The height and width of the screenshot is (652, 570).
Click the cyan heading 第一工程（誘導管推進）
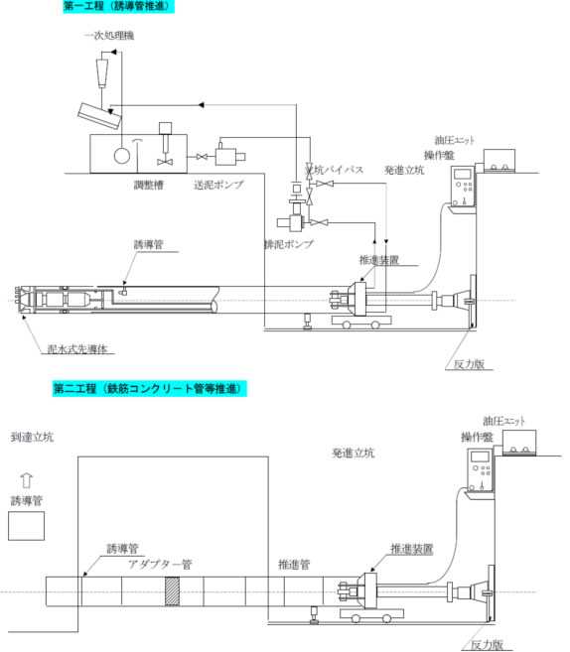pyautogui.click(x=118, y=6)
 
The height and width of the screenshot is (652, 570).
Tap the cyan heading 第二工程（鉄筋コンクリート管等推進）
pyautogui.click(x=149, y=388)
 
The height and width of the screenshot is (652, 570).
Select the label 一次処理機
pyautogui.click(x=109, y=36)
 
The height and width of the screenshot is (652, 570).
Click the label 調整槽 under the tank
pyautogui.click(x=149, y=185)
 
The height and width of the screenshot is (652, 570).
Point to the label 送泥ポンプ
pyautogui.click(x=218, y=185)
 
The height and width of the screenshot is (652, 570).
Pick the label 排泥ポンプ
pyautogui.click(x=289, y=244)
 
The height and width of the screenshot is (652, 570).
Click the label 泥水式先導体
pyautogui.click(x=77, y=348)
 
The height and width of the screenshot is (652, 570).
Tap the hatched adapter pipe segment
pyautogui.click(x=172, y=590)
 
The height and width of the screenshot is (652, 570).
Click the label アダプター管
pyautogui.click(x=160, y=565)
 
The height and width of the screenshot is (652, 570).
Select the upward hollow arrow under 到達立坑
pyautogui.click(x=26, y=480)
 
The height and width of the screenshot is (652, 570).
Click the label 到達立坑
pyautogui.click(x=32, y=437)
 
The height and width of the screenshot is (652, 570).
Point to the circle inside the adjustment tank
pyautogui.click(x=122, y=156)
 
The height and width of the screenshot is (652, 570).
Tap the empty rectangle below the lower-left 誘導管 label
pyautogui.click(x=26, y=526)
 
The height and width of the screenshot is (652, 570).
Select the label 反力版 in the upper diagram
pyautogui.click(x=469, y=364)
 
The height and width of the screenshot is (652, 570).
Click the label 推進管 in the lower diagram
pyautogui.click(x=294, y=565)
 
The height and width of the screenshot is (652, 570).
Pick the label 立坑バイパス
pyautogui.click(x=334, y=170)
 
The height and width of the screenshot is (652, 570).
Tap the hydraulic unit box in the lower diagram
pyautogui.click(x=519, y=443)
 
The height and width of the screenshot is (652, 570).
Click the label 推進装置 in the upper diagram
pyautogui.click(x=379, y=260)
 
